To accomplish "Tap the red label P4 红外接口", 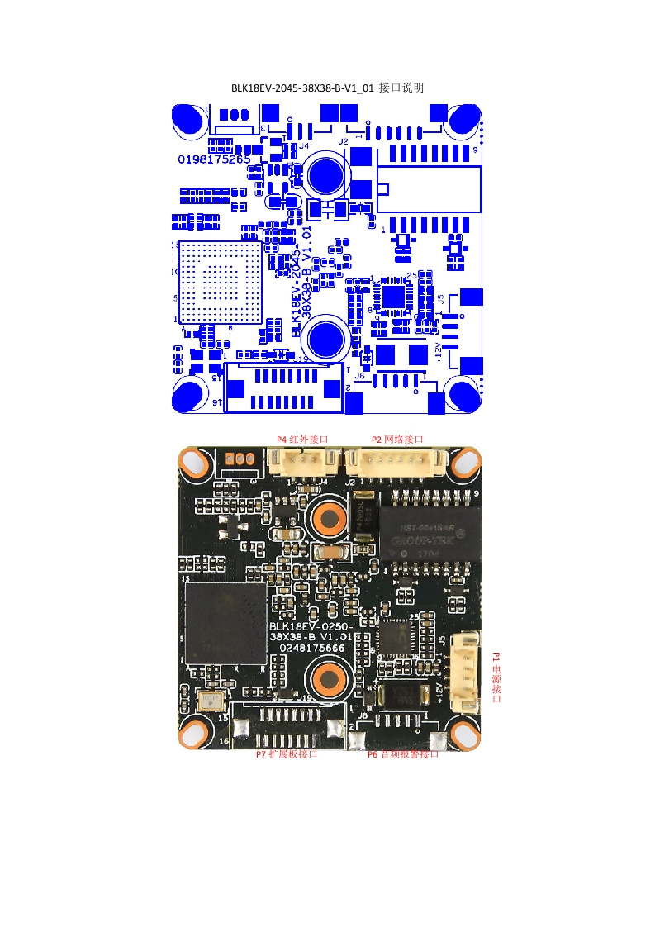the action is [302, 440].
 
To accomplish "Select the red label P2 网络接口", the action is [396, 440].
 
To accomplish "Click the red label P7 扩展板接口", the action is [287, 754].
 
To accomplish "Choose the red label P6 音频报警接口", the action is [403, 754].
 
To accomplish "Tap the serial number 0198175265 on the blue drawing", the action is [215, 159].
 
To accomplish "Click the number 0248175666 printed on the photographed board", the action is [312, 649].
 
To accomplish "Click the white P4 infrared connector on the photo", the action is [296, 462].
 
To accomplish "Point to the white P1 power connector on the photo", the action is [468, 672].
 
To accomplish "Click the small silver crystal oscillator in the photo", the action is [210, 701].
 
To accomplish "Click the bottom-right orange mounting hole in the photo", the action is [462, 733].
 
